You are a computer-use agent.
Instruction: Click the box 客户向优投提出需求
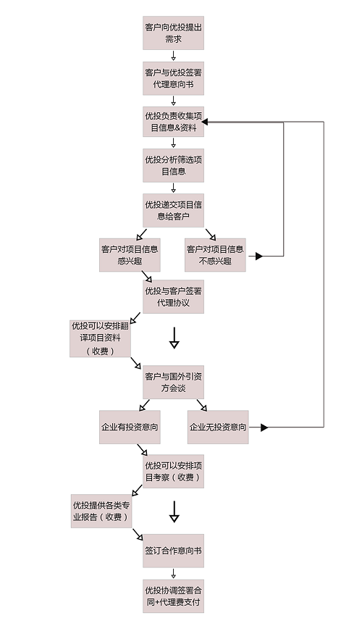click(173, 33)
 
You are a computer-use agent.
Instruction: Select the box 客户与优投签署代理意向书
click(173, 78)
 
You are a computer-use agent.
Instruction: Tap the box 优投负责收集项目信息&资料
click(173, 122)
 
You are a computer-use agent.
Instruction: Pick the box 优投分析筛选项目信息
click(173, 165)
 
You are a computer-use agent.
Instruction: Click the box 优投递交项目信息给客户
click(173, 210)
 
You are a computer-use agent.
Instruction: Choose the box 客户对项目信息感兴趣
click(130, 255)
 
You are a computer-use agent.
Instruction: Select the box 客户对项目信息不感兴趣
click(215, 255)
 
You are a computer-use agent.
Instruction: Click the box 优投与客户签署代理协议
click(173, 296)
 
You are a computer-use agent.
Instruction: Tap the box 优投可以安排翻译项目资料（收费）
click(100, 338)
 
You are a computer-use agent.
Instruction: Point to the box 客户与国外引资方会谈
click(173, 382)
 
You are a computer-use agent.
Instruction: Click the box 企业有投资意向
click(130, 427)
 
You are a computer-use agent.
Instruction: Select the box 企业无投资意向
click(218, 427)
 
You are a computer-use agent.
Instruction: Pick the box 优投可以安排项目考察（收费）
click(173, 471)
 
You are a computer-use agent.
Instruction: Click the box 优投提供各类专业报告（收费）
click(101, 511)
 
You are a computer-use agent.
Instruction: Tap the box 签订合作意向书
click(173, 551)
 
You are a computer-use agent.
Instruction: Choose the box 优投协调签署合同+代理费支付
click(173, 596)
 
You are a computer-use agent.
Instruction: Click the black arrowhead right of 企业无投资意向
click(264, 427)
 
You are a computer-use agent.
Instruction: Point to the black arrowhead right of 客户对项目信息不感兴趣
click(259, 256)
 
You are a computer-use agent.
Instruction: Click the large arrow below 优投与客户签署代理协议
click(174, 338)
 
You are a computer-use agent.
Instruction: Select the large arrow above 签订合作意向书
click(174, 512)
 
